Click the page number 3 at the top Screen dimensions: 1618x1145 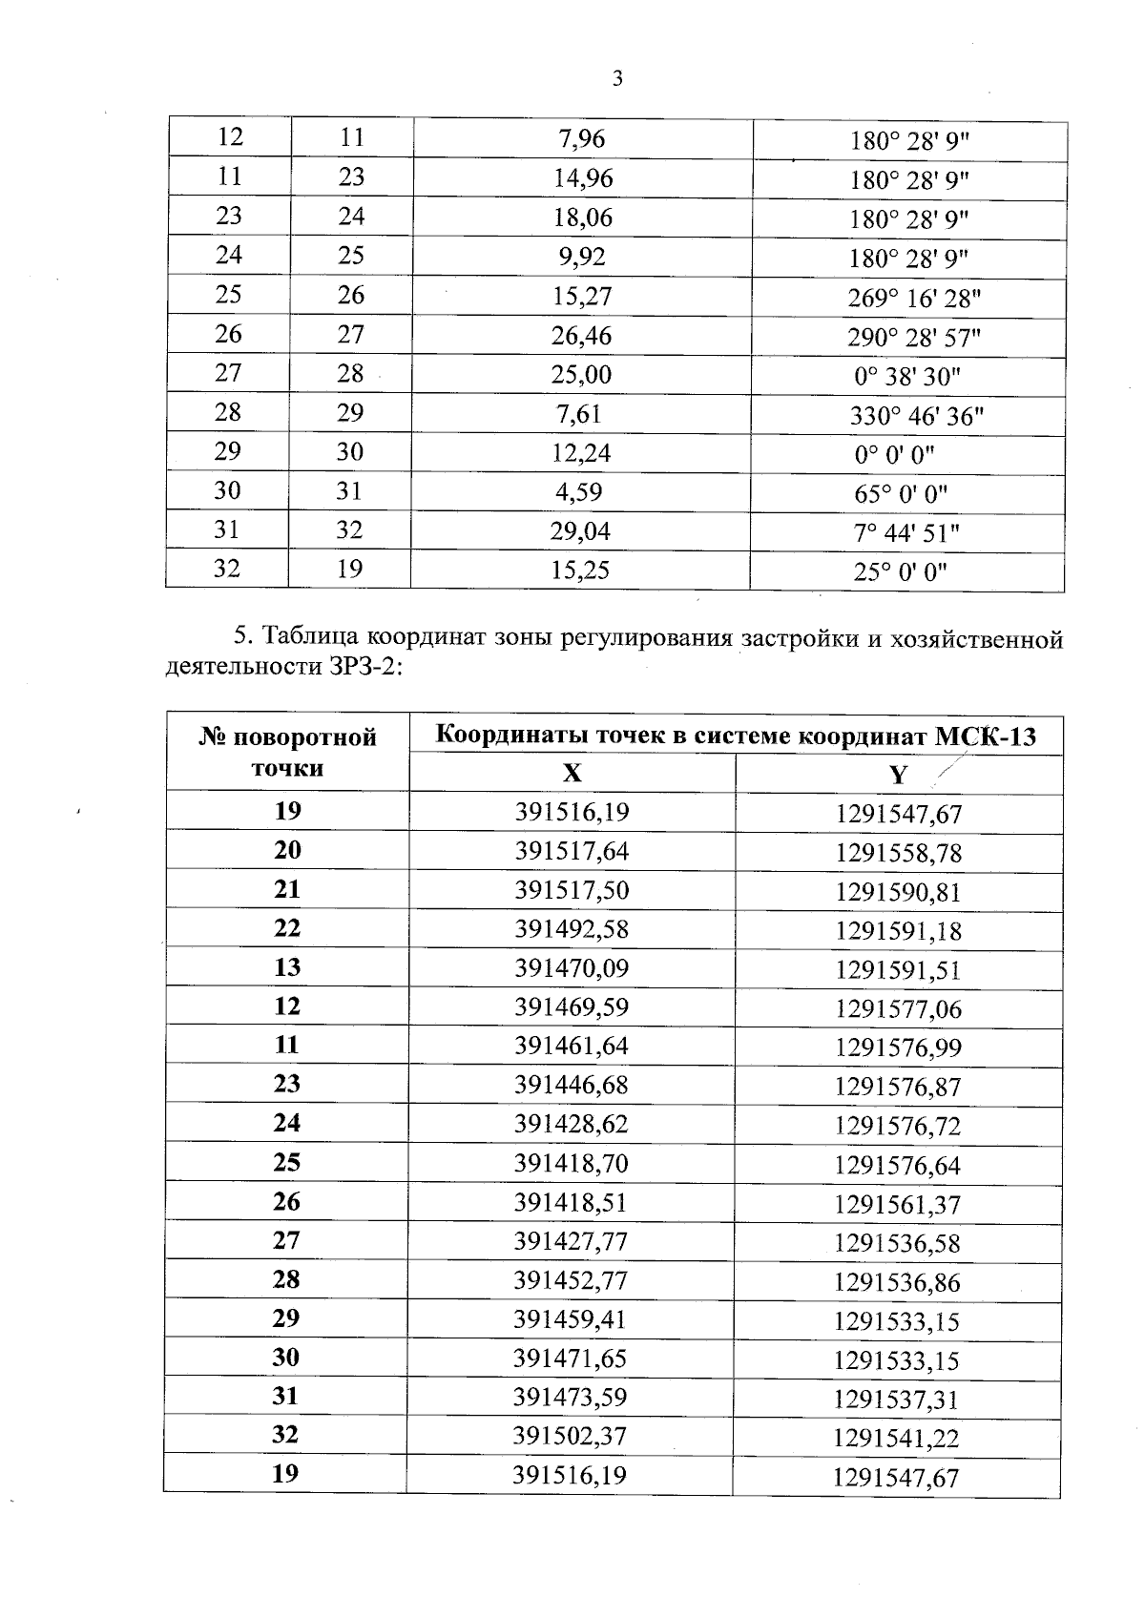pos(617,78)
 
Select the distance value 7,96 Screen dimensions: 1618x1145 pos(581,139)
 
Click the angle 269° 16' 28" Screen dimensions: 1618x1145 pos(914,299)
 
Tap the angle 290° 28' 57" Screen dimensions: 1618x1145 pos(914,338)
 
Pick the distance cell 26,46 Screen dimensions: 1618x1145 pos(581,336)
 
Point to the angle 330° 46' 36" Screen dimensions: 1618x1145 pos(916,416)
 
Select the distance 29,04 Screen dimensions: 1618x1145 pos(580,531)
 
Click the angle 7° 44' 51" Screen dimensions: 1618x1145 pos(906,533)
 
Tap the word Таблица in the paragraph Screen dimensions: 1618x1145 pos(311,636)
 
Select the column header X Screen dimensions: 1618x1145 pos(572,773)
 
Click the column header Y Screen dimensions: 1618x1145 pos(898,775)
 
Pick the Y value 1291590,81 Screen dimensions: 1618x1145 pos(898,893)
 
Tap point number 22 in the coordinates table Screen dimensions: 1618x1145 pos(287,928)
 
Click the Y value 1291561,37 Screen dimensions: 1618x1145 pos(897,1205)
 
